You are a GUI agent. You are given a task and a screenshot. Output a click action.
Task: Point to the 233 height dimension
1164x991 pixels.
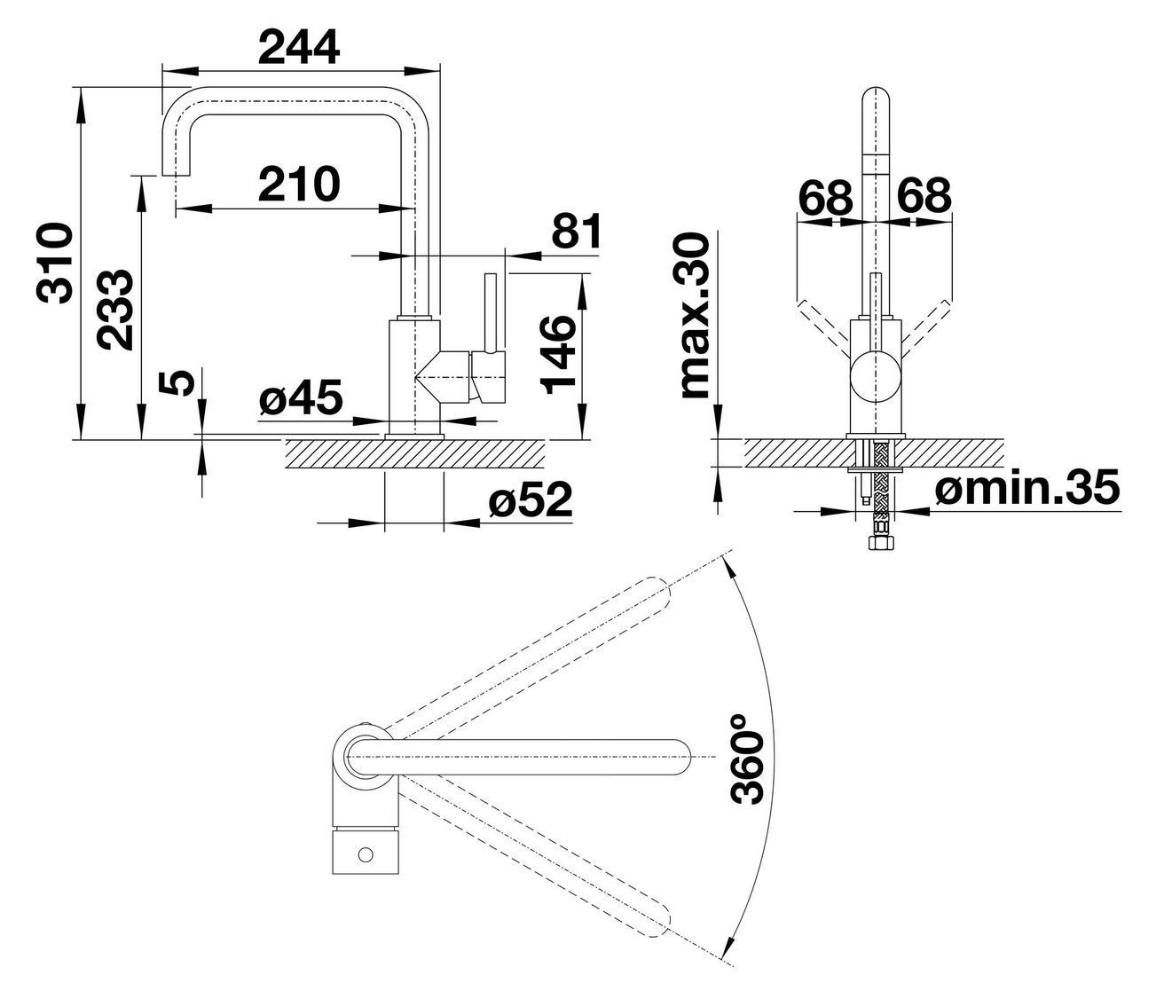[114, 309]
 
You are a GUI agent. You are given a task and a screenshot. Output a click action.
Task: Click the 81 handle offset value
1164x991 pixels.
[576, 231]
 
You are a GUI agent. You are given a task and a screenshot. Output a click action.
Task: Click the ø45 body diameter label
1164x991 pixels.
[301, 397]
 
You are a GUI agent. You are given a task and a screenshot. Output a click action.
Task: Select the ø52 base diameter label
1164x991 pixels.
[530, 499]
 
